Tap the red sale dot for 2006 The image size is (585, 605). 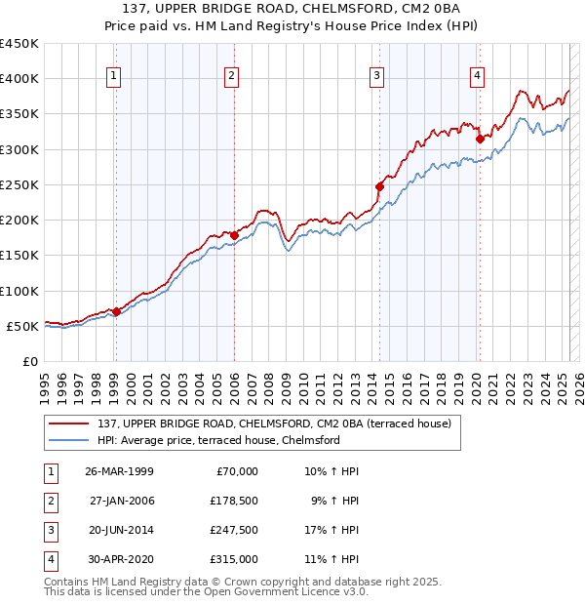click(x=234, y=235)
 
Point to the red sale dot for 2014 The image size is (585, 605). click(x=380, y=186)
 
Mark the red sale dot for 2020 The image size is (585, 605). click(x=480, y=139)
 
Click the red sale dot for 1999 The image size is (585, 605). click(x=116, y=312)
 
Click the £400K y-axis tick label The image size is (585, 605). click(x=19, y=79)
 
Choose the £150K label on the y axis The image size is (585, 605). click(x=19, y=256)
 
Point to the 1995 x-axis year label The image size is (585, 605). click(x=45, y=383)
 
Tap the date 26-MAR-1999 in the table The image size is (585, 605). click(x=119, y=471)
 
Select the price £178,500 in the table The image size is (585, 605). click(x=234, y=501)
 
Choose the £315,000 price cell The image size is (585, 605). click(x=234, y=559)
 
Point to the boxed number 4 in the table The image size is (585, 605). click(x=50, y=559)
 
